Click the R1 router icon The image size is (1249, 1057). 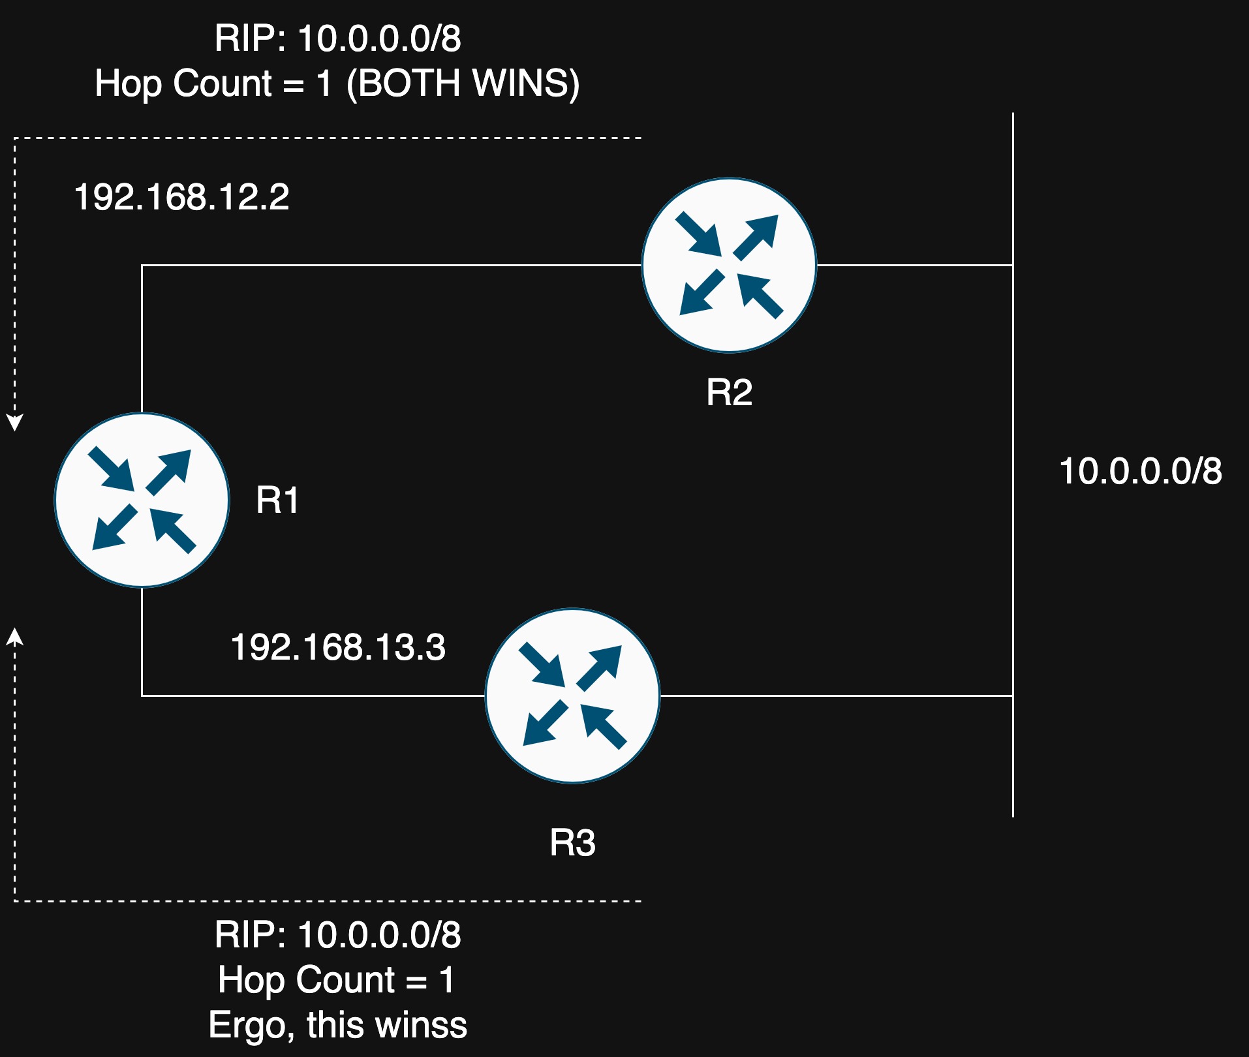(142, 500)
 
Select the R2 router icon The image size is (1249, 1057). (729, 265)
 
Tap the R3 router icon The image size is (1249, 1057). (572, 696)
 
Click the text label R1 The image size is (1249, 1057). (277, 500)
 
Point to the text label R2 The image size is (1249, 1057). (729, 392)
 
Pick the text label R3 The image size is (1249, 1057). (572, 842)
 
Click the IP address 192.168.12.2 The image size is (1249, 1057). (181, 196)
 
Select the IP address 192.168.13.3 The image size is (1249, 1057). (338, 647)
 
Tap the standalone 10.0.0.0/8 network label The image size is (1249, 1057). (1140, 470)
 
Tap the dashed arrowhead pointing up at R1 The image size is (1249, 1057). (14, 637)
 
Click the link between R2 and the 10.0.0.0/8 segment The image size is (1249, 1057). (915, 265)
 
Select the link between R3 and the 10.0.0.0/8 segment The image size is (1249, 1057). (837, 696)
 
